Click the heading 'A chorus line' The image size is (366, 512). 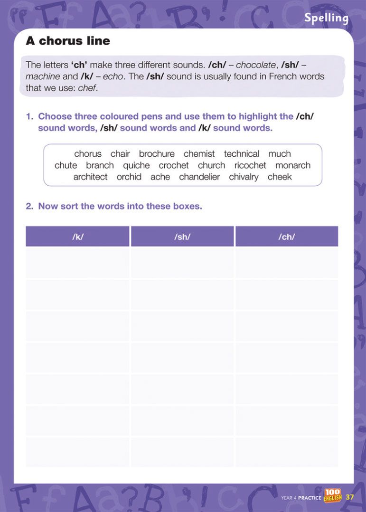tap(68, 41)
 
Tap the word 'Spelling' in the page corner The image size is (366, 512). tap(326, 18)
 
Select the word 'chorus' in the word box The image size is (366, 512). tap(88, 154)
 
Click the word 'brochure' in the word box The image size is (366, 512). tap(157, 154)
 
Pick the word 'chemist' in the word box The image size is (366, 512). tap(199, 154)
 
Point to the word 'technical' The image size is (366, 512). tap(242, 154)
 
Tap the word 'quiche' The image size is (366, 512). tap(136, 165)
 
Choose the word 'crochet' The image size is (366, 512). tap(174, 165)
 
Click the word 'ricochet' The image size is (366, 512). tap(250, 165)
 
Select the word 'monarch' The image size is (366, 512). tap(293, 165)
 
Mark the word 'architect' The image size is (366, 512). tap(90, 177)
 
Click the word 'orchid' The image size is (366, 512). tap(129, 177)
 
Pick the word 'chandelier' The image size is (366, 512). tap(199, 177)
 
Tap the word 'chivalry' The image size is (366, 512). tap(244, 177)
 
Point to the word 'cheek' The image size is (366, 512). tap(280, 177)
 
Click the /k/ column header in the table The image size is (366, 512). tap(77, 237)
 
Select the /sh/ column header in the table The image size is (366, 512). tap(182, 237)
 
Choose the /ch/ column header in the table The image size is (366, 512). tap(287, 237)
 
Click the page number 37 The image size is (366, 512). tap(350, 497)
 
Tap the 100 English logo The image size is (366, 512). tap(333, 495)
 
